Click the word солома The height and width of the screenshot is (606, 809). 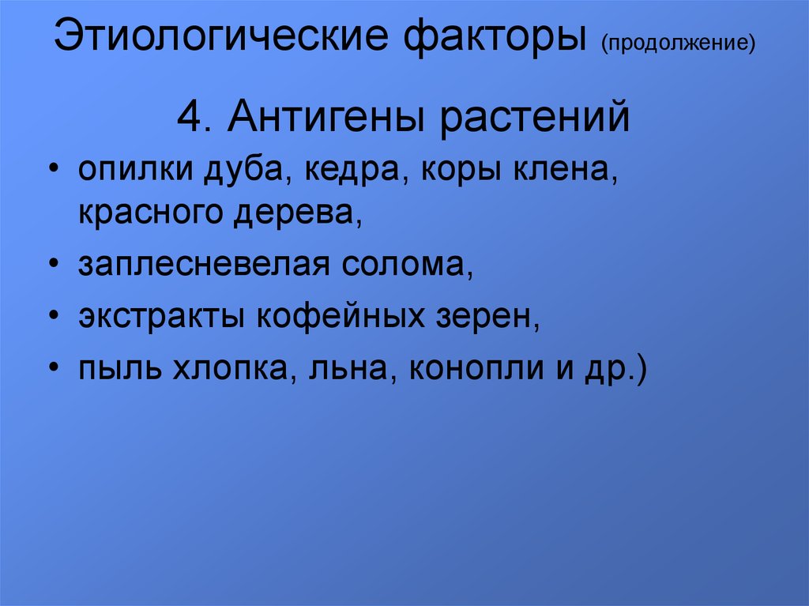(405, 266)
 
